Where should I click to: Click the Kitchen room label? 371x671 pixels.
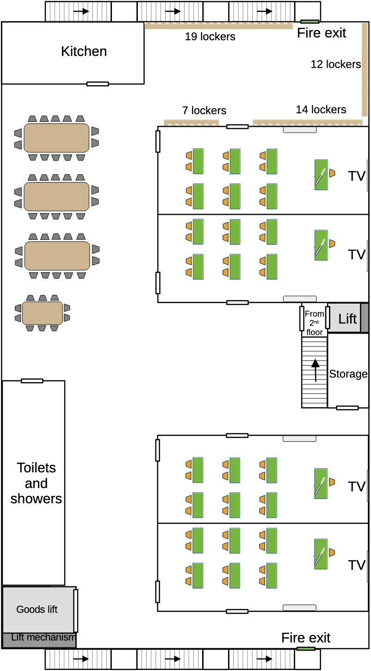(x=84, y=51)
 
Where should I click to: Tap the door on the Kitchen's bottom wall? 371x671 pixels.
(x=98, y=84)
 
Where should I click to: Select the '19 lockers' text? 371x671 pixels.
(x=210, y=37)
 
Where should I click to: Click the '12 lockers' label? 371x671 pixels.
(x=335, y=64)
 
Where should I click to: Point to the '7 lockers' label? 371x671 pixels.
(x=204, y=110)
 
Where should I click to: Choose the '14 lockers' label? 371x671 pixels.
(x=321, y=110)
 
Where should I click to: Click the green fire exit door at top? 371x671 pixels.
(x=309, y=21)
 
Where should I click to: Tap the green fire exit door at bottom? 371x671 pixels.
(x=306, y=648)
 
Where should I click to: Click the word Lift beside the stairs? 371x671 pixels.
(x=347, y=318)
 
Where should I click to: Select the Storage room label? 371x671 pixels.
(x=348, y=374)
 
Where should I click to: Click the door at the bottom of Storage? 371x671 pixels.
(x=347, y=408)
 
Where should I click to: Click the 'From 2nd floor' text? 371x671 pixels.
(x=315, y=323)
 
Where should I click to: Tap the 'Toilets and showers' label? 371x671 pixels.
(x=36, y=483)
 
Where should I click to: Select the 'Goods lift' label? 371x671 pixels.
(x=37, y=610)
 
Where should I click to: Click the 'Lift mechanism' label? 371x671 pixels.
(x=43, y=638)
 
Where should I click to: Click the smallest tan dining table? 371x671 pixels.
(x=43, y=313)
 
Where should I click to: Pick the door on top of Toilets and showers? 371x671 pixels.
(x=32, y=381)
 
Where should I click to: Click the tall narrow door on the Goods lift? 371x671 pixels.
(x=75, y=610)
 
